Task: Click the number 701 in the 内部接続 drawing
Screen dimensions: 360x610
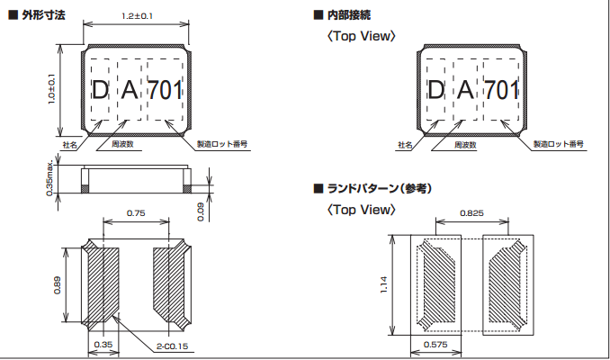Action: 502,90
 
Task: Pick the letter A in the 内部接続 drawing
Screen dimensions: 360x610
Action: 465,90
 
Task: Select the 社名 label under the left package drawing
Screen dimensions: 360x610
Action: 69,144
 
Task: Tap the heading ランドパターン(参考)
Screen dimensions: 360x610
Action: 379,188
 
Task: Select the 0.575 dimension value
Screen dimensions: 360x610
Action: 435,346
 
